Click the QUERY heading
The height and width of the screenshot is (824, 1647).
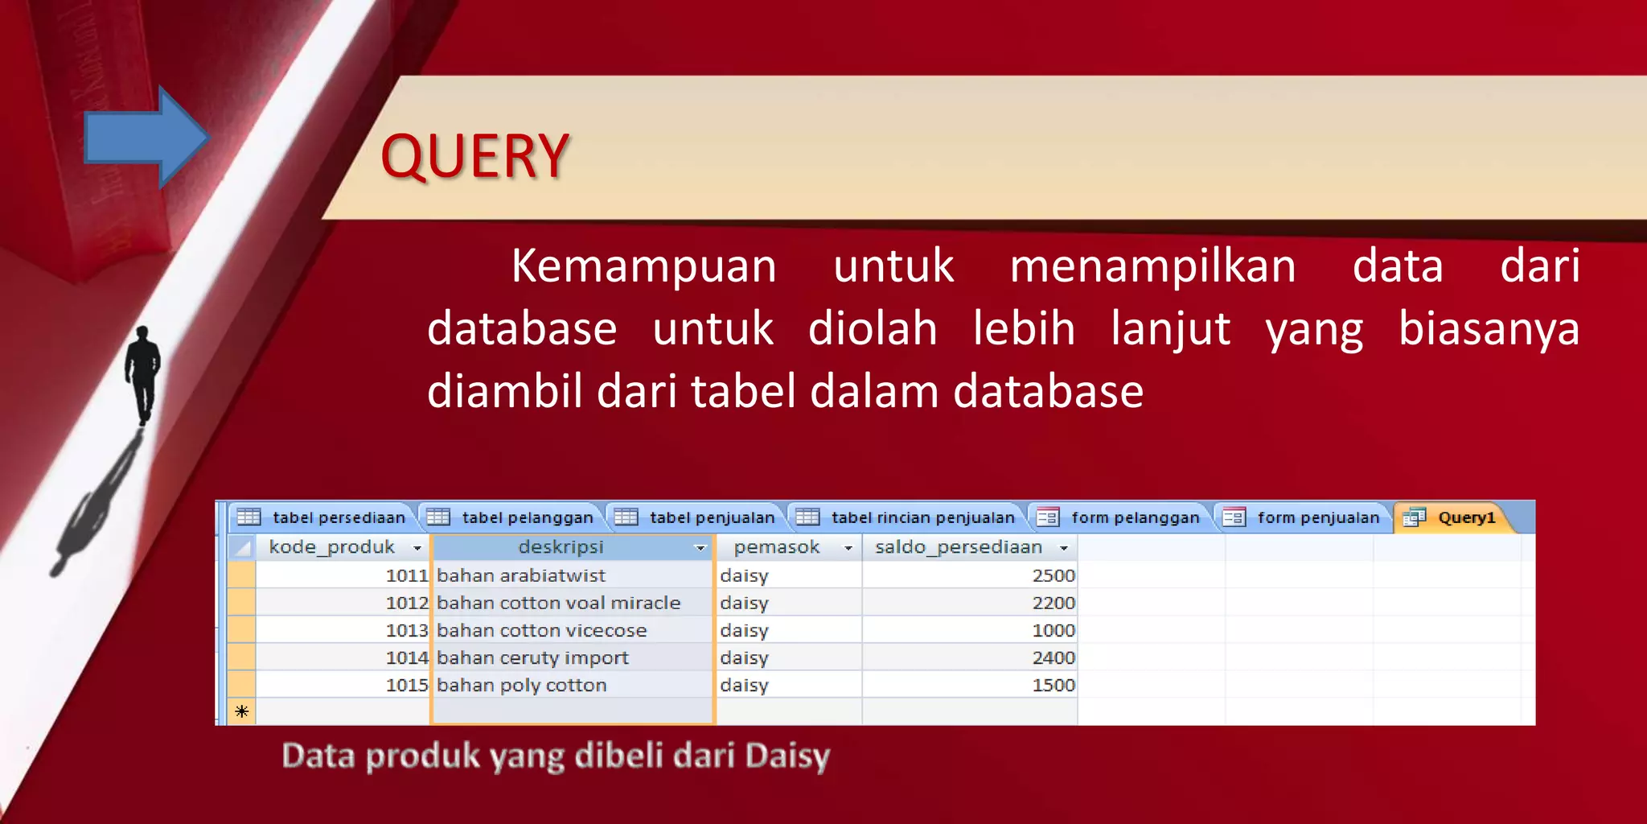[x=474, y=156]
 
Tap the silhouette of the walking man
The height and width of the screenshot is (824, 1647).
[x=143, y=373]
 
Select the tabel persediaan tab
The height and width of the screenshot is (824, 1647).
[x=325, y=517]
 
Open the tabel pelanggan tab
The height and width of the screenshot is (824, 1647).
[x=514, y=517]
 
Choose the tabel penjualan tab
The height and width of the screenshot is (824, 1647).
[x=698, y=517]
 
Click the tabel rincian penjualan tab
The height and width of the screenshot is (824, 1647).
[x=909, y=517]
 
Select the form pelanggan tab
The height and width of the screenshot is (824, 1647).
[x=1122, y=517]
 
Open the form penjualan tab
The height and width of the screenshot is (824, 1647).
[x=1305, y=517]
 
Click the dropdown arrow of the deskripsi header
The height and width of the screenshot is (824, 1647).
[x=700, y=548]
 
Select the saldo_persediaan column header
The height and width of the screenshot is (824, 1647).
[x=959, y=547]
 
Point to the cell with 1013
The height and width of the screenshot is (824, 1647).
[x=407, y=630]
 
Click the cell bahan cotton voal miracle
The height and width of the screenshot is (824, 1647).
[x=559, y=603]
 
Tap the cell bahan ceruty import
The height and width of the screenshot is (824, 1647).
[x=532, y=657]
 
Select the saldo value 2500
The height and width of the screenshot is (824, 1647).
[x=1053, y=575]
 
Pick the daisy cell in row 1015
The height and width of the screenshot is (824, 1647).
[x=745, y=685]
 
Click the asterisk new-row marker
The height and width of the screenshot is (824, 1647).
[x=241, y=711]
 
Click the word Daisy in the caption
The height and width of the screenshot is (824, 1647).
[x=787, y=756]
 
